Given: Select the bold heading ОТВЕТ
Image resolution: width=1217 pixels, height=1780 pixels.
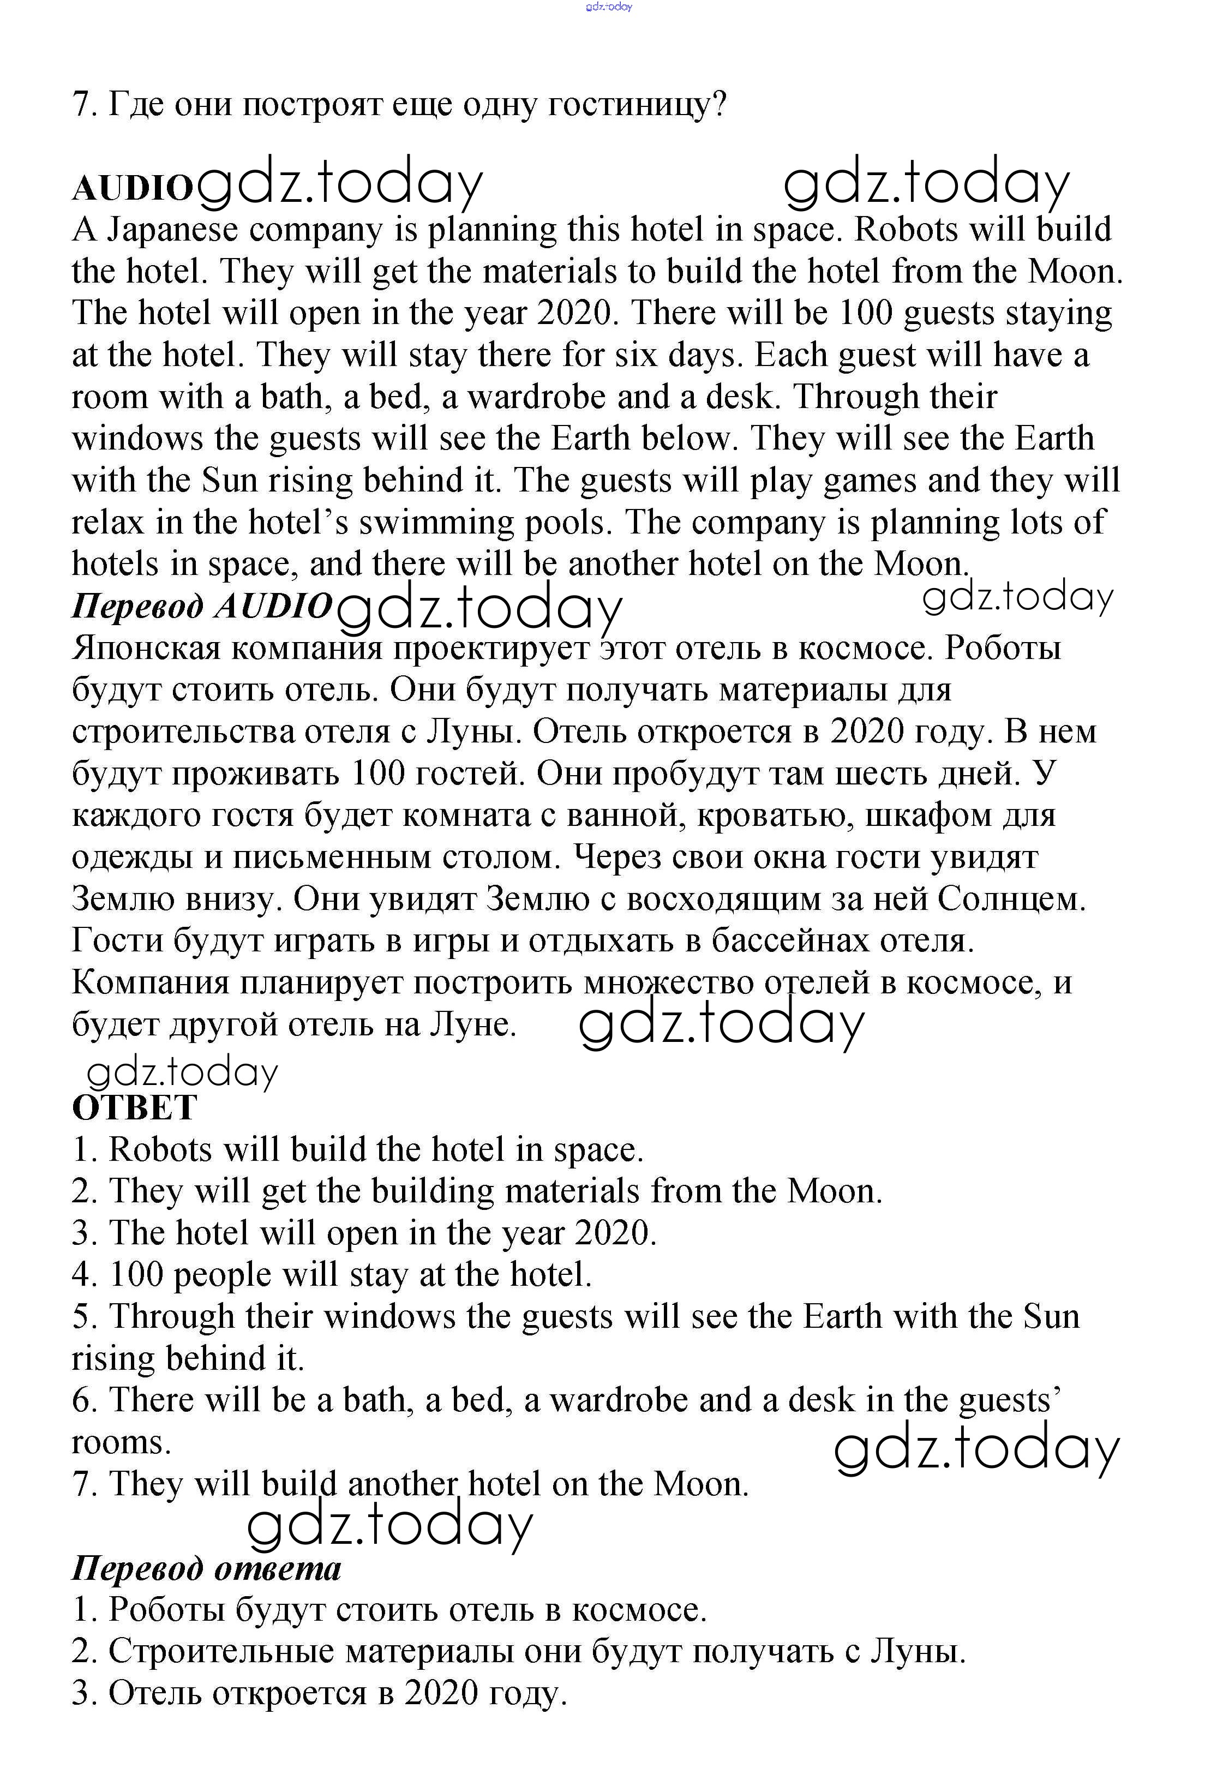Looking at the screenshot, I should [x=134, y=1107].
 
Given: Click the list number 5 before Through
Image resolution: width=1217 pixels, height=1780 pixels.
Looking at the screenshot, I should [x=82, y=1317].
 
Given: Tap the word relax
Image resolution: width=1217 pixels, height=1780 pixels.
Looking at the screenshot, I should [x=108, y=523].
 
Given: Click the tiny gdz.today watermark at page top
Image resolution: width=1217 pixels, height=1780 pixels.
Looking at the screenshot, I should [x=608, y=7].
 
